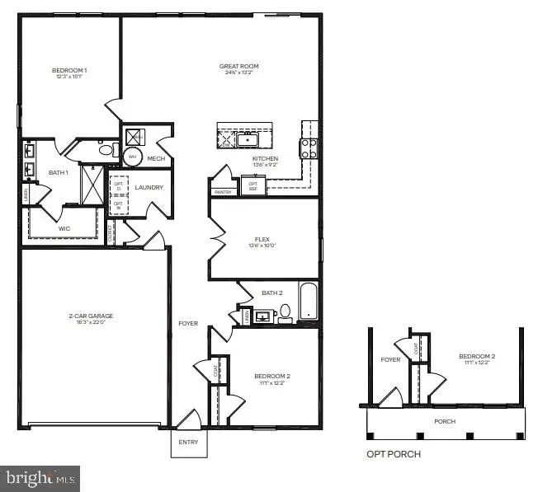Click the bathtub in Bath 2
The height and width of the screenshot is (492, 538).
coord(309,302)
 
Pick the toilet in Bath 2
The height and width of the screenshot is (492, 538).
coord(286,312)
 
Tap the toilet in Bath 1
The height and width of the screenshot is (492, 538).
coord(106,150)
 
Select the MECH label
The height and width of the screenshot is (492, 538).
coord(156,158)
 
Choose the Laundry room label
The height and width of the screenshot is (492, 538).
coord(149,187)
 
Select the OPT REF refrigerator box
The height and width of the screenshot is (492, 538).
coord(252,187)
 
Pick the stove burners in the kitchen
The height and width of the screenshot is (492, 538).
coord(309,148)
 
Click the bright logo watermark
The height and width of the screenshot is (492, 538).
coord(40,476)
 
